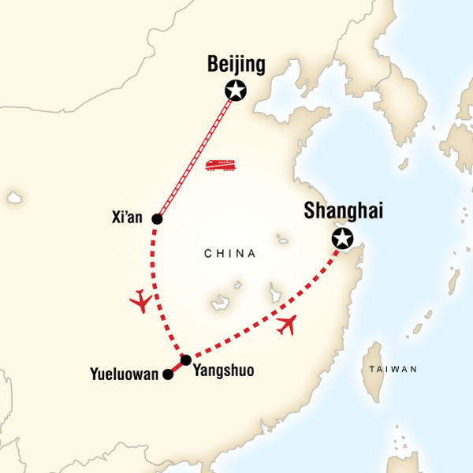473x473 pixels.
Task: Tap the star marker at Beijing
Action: tap(235, 91)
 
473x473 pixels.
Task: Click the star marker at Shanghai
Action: tap(342, 239)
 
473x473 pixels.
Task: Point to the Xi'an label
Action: tap(128, 218)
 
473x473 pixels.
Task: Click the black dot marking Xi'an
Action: tap(157, 219)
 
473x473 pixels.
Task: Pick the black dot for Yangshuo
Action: tap(186, 360)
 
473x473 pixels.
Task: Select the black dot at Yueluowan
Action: tap(167, 375)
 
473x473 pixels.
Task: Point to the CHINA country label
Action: tap(229, 254)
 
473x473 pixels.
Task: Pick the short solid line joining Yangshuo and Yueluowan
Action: tap(177, 368)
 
